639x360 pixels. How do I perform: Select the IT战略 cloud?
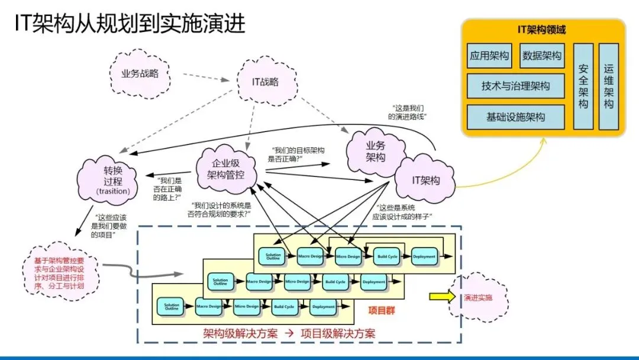[265, 82]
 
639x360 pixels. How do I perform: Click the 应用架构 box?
[489, 56]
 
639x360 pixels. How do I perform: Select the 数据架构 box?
[542, 56]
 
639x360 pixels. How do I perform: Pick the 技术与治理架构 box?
[515, 86]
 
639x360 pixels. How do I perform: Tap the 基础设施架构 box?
[515, 117]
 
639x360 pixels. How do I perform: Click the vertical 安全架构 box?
[583, 86]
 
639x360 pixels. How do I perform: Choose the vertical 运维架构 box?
[608, 86]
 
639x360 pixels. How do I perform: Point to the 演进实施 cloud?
[478, 297]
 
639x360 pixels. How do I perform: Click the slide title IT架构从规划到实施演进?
[130, 24]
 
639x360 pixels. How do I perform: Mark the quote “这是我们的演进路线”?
[408, 112]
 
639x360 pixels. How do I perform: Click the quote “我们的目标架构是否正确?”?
[298, 155]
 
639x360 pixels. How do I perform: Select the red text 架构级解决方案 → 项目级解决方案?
[289, 333]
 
